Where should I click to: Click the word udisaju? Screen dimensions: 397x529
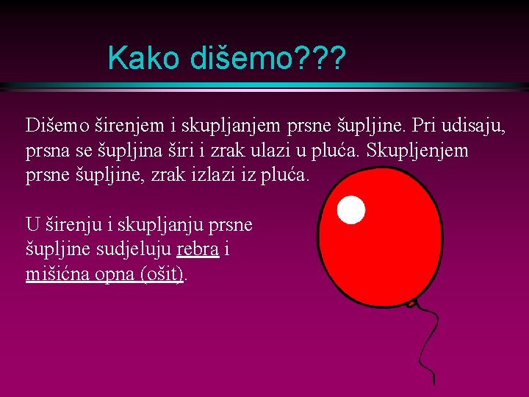tap(474, 126)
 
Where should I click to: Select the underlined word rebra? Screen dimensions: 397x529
tap(198, 249)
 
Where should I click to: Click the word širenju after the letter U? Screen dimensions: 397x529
tap(68, 224)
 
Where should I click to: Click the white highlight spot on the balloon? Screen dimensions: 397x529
tap(350, 210)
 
